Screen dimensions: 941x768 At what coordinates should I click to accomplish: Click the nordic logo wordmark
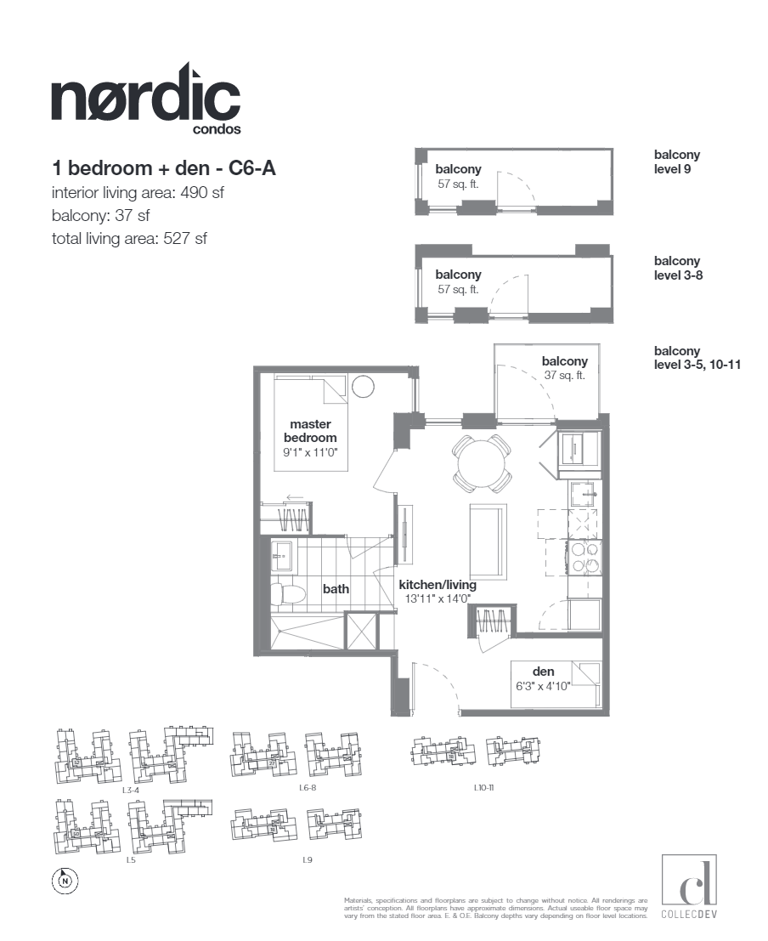[x=145, y=99]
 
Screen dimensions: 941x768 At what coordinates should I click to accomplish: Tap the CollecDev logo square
[x=688, y=881]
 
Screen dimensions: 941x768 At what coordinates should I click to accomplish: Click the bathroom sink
[x=282, y=556]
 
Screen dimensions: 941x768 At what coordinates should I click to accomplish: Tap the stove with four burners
[x=584, y=557]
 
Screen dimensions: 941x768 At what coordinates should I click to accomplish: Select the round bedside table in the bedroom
[x=363, y=387]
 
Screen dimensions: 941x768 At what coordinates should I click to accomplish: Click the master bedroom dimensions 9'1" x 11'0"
[x=310, y=454]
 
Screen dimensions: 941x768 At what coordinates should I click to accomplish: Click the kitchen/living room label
[x=438, y=585]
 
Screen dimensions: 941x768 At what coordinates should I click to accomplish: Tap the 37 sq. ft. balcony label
[x=564, y=375]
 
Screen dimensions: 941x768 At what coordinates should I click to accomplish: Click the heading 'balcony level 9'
[x=676, y=162]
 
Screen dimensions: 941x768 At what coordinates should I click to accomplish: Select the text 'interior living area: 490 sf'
[x=138, y=193]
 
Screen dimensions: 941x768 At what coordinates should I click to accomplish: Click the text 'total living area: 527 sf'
[x=129, y=239]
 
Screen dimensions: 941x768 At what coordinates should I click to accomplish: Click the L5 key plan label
[x=131, y=860]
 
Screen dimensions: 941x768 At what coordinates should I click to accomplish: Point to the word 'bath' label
[x=336, y=588]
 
